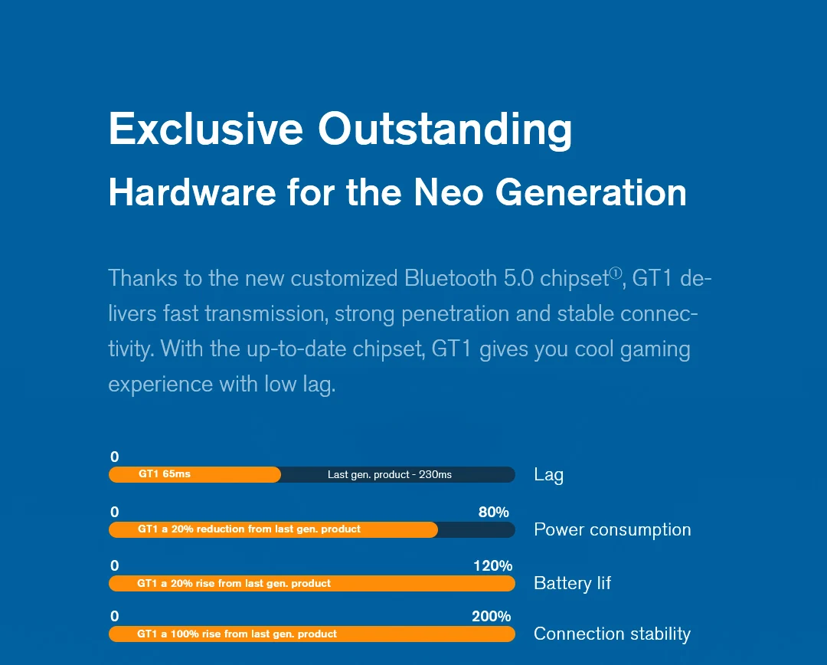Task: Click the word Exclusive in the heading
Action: click(x=205, y=129)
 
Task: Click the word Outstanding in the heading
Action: click(x=445, y=129)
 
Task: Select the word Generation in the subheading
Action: click(x=591, y=192)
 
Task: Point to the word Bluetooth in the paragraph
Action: click(x=451, y=277)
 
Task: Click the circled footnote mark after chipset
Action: click(x=616, y=274)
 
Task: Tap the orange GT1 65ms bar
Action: click(x=194, y=474)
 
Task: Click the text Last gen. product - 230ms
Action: click(x=390, y=475)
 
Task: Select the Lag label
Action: click(x=548, y=475)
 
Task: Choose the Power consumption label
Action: click(x=612, y=530)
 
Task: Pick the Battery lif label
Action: click(x=572, y=584)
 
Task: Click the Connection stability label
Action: click(x=612, y=634)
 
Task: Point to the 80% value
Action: click(x=493, y=512)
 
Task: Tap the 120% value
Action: click(x=492, y=566)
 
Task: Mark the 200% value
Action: click(x=491, y=616)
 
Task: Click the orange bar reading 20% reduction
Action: click(x=273, y=529)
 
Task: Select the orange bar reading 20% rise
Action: click(x=312, y=584)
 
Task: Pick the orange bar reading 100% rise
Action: click(x=312, y=634)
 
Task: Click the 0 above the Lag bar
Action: click(x=115, y=457)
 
